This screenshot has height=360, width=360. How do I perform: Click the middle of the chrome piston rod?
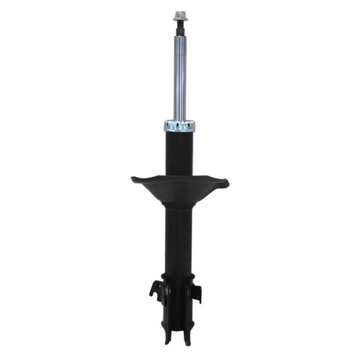[179, 75]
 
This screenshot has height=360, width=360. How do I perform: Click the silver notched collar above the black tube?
[179, 126]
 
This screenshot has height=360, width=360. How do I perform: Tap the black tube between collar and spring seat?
[179, 154]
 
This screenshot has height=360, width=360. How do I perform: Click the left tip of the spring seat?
[133, 178]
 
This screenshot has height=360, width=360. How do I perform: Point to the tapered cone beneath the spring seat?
[179, 196]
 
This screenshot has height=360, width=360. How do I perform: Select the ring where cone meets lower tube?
[179, 209]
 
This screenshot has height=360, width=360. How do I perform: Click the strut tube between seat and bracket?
[179, 240]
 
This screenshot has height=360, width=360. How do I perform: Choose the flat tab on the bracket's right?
[198, 291]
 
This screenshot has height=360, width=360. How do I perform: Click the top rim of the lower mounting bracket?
[179, 275]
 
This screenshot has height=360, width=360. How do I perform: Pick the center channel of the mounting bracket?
[179, 300]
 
